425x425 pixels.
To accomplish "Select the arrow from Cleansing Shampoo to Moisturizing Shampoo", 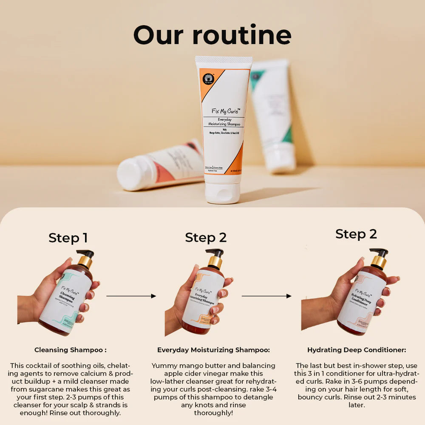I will tap(131, 296).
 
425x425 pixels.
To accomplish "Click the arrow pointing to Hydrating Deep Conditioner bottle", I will tap(266, 296).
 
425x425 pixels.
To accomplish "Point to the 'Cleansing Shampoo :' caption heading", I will tap(70, 350).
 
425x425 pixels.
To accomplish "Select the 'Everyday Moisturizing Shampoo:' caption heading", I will tap(213, 350).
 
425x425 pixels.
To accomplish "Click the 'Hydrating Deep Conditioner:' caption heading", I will tap(357, 350).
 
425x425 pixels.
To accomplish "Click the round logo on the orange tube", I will tap(208, 79).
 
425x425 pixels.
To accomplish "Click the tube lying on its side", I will tap(161, 166).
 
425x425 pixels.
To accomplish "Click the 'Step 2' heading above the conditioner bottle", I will tap(356, 234).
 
